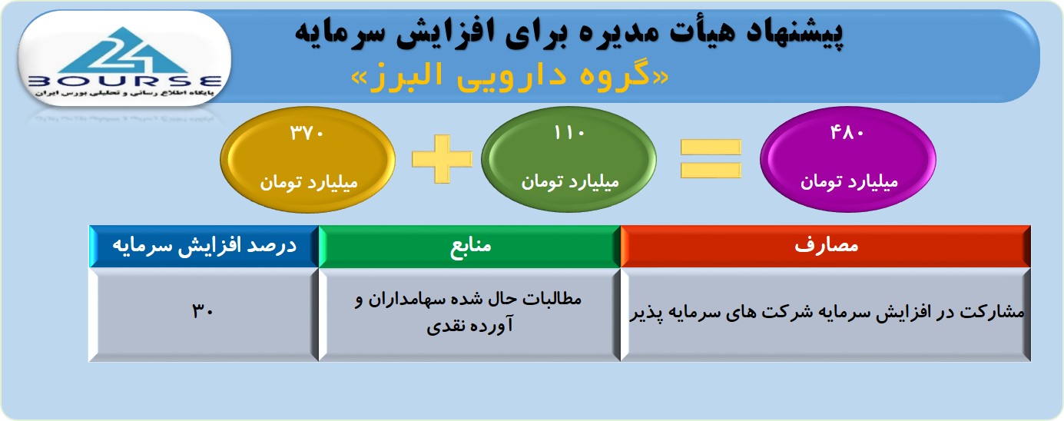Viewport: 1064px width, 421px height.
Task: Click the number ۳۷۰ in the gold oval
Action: click(307, 133)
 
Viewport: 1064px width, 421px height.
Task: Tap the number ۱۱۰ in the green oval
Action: click(568, 133)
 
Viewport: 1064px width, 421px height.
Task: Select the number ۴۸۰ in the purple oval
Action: click(847, 132)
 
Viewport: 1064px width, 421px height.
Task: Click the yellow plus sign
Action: click(442, 159)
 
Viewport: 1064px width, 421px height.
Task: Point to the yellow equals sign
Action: click(711, 159)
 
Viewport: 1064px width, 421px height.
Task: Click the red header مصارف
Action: click(826, 246)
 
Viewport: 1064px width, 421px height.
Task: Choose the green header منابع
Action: click(470, 246)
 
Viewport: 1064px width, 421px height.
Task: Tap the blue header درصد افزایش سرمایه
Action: click(204, 246)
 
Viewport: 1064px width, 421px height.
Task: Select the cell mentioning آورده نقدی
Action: click(470, 314)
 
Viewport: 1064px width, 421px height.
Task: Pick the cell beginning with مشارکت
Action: click(826, 314)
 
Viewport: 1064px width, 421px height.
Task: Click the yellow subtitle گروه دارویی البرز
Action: click(509, 76)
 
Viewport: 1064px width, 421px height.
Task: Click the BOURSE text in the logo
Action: click(124, 81)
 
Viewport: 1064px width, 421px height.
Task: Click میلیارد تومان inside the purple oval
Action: click(849, 182)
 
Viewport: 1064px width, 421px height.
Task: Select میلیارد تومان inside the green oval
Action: click(570, 182)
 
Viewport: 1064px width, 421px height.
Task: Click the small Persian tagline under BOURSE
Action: click(124, 94)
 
